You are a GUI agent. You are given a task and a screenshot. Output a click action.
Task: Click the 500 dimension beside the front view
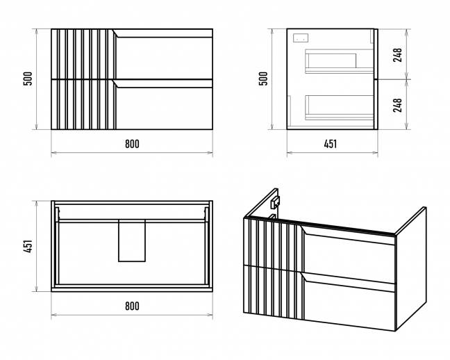(x=28, y=79)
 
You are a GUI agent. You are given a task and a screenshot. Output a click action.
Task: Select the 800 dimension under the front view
(x=132, y=144)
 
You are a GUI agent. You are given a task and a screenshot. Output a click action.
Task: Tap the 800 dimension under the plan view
(x=132, y=306)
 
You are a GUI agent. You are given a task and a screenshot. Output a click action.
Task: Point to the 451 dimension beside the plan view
(x=28, y=246)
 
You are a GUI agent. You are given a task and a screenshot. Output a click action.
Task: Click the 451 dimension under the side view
(x=331, y=144)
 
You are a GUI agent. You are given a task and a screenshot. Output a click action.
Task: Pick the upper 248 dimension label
(x=397, y=55)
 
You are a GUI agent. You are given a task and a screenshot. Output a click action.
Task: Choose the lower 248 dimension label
(x=397, y=105)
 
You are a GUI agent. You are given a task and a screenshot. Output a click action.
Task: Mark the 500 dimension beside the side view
(x=263, y=79)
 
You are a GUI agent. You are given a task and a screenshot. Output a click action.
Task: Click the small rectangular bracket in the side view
(x=301, y=38)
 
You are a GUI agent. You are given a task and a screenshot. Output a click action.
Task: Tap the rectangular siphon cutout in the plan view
(x=132, y=240)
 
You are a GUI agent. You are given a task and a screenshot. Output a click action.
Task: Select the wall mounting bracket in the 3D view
(x=275, y=202)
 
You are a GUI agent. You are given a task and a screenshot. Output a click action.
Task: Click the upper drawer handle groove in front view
(x=163, y=33)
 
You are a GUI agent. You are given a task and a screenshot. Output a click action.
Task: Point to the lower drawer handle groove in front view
(x=163, y=83)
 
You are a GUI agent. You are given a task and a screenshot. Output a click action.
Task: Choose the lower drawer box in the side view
(x=339, y=107)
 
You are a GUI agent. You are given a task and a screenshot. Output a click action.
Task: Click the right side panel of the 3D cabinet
(x=410, y=269)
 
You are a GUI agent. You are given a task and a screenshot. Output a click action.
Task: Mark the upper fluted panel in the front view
(x=83, y=54)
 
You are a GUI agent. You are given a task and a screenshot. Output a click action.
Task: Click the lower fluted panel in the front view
(x=83, y=104)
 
